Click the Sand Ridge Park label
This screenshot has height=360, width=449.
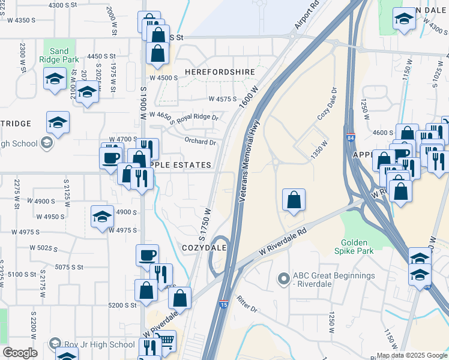[x=54, y=55]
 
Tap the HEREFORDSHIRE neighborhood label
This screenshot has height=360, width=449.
[x=220, y=72]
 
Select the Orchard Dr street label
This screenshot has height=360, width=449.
[x=200, y=142]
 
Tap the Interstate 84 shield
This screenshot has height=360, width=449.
[x=351, y=137]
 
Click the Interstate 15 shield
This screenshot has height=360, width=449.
[x=224, y=305]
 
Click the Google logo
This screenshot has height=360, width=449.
[x=20, y=353]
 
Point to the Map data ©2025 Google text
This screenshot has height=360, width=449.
[x=411, y=355]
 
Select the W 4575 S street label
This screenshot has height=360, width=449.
[x=222, y=99]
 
